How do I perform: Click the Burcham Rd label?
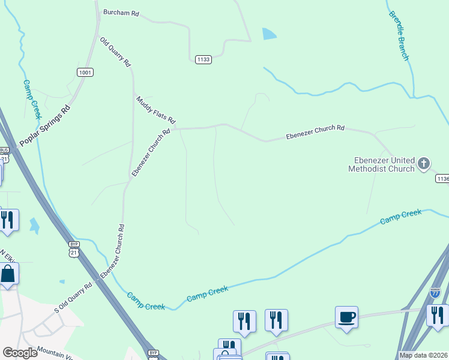[x=121, y=12]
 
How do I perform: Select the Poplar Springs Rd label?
[x=44, y=126]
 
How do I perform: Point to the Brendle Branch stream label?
[x=399, y=35]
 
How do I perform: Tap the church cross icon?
[x=424, y=163]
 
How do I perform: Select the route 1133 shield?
[x=203, y=59]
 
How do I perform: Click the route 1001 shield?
[x=85, y=73]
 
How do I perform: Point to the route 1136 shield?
[x=442, y=179]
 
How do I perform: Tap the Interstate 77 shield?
[x=436, y=293]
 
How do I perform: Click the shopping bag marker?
[x=8, y=274]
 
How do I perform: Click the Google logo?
[x=20, y=352]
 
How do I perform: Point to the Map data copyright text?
[x=423, y=355]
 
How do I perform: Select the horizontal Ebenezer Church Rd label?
[x=315, y=128]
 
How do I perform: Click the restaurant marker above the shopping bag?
[x=8, y=220]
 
